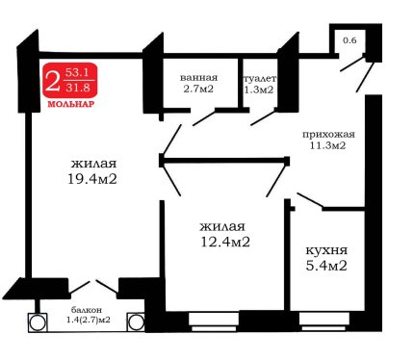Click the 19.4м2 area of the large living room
[92, 179]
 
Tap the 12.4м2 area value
[225, 242]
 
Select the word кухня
[326, 250]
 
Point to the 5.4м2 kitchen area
[326, 266]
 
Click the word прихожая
[328, 134]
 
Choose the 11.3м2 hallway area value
[327, 145]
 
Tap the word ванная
[198, 78]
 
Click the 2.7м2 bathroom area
[198, 89]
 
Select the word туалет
[260, 79]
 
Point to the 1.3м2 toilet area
[259, 90]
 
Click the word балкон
[87, 310]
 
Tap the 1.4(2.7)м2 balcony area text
[89, 320]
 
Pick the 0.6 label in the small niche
[349, 40]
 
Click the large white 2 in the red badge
[53, 81]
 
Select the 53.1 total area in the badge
[77, 72]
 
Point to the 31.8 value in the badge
[78, 87]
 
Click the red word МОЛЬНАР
[70, 104]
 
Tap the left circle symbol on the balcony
[38, 322]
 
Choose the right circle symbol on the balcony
[137, 321]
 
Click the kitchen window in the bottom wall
[324, 321]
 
